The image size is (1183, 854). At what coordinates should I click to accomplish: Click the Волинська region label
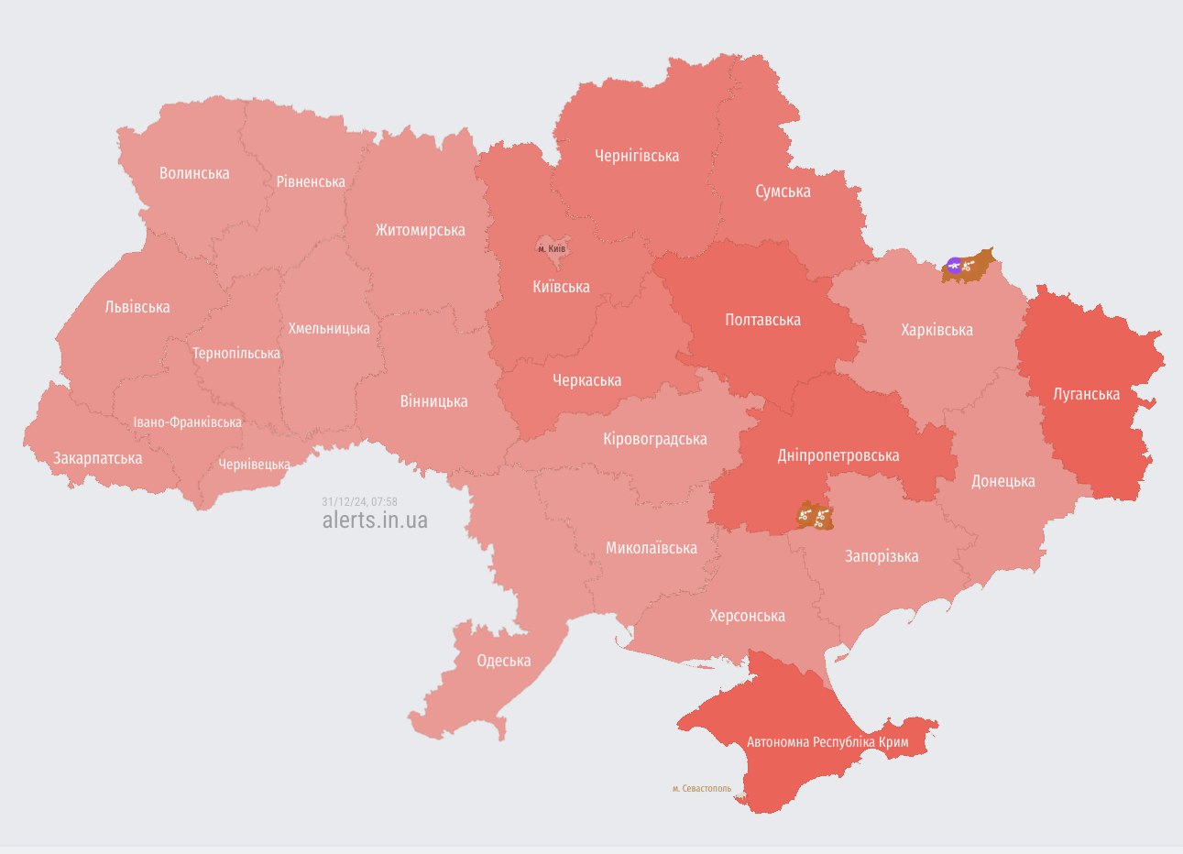tap(194, 173)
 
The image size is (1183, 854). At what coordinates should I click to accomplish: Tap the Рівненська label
tap(311, 181)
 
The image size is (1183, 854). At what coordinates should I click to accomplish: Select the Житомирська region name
tap(420, 230)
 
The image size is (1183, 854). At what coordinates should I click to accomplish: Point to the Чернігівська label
tap(637, 156)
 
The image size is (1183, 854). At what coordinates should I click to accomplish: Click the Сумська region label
tap(783, 191)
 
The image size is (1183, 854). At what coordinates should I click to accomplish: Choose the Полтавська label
tap(762, 320)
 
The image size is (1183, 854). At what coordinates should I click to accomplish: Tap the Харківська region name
tap(937, 330)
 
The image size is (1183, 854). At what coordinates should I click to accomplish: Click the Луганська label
tap(1086, 394)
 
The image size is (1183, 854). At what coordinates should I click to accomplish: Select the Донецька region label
tap(1002, 481)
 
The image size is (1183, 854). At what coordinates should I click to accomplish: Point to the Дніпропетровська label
tap(838, 455)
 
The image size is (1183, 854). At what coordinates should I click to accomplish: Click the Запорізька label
tap(881, 556)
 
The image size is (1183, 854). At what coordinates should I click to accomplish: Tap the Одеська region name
tap(503, 661)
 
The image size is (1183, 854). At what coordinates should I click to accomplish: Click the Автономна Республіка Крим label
tap(827, 741)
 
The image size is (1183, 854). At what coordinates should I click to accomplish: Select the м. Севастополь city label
tap(701, 788)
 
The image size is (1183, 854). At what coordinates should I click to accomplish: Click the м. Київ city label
tap(552, 248)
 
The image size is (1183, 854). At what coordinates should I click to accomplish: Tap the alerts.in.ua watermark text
tap(374, 520)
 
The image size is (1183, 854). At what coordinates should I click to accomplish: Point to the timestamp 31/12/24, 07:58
tap(359, 501)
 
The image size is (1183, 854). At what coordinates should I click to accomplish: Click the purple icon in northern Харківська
tap(954, 267)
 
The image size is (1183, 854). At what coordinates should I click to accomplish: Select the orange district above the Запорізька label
tap(814, 516)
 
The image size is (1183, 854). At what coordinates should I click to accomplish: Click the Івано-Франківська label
tap(187, 422)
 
